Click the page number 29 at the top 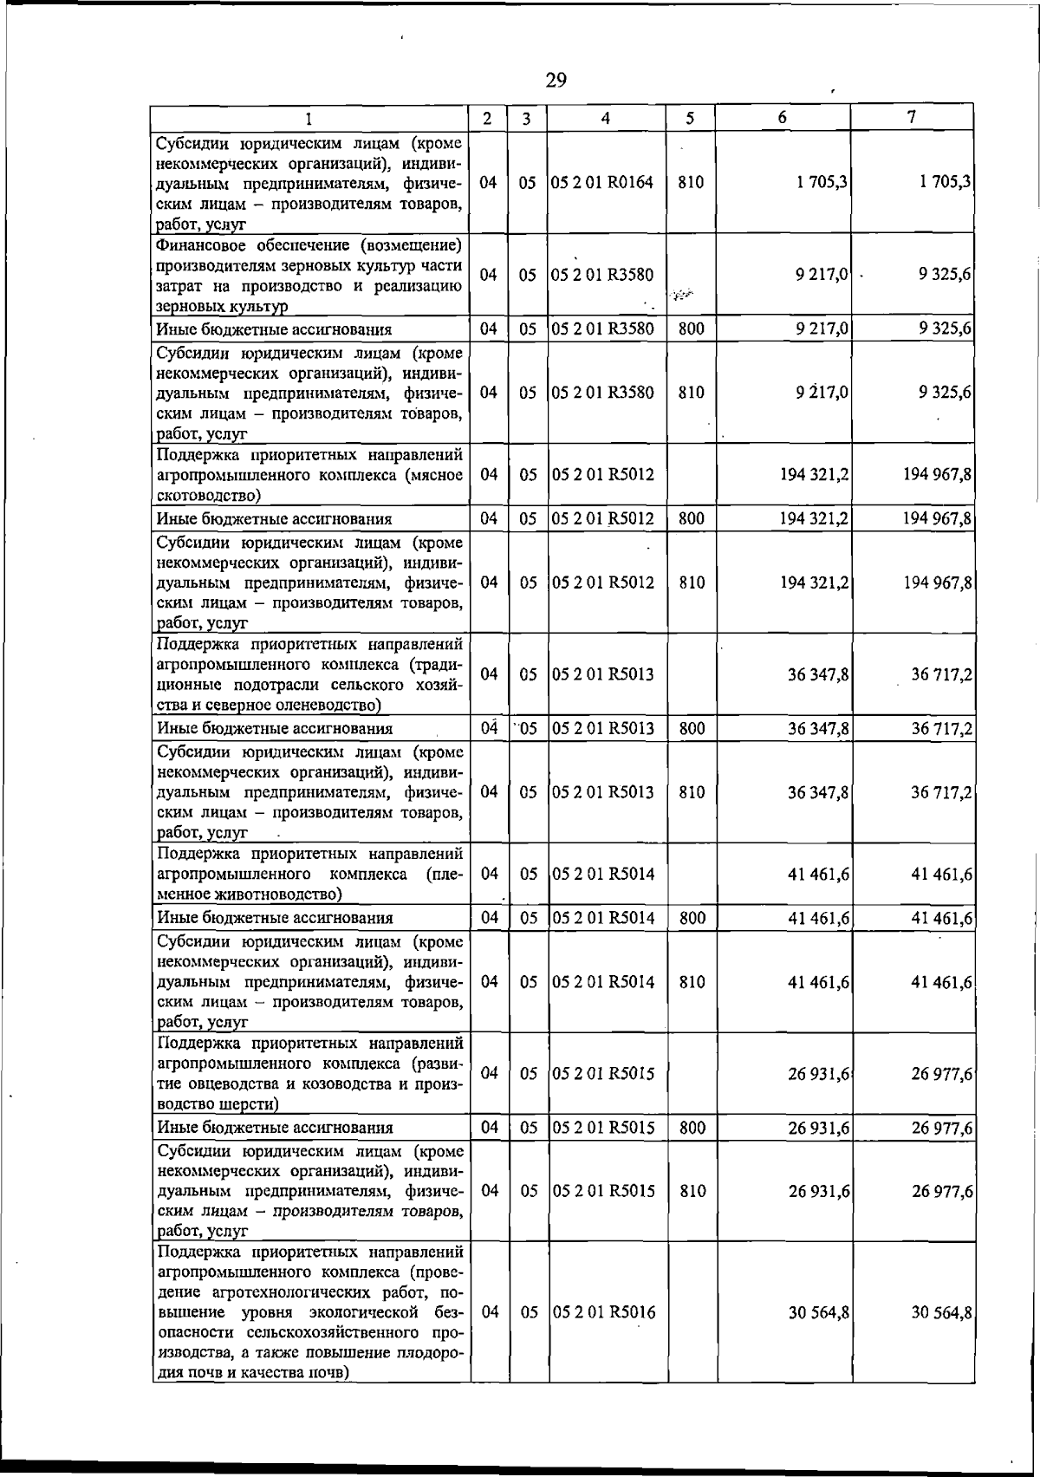[x=556, y=81]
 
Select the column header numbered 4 [x=606, y=118]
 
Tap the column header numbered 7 [x=912, y=118]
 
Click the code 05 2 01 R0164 [x=603, y=183]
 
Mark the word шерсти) [x=248, y=1104]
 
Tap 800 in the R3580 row [x=691, y=329]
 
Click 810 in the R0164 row [x=691, y=183]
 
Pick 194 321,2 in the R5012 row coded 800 [x=814, y=519]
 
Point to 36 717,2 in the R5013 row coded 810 [x=941, y=792]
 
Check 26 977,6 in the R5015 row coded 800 [x=941, y=1128]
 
